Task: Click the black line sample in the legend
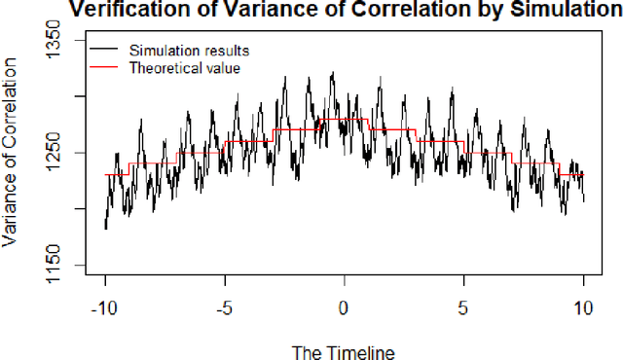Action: click(104, 50)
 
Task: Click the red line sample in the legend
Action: click(104, 68)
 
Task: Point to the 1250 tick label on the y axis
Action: click(53, 153)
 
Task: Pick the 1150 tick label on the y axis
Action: click(53, 266)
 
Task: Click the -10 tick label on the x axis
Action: click(105, 308)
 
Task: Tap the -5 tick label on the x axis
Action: click(225, 308)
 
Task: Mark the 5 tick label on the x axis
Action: click(463, 308)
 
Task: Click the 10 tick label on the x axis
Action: click(583, 308)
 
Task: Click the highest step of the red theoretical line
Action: click(344, 120)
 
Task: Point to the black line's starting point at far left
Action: click(105, 228)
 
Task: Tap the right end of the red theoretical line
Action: click(583, 175)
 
